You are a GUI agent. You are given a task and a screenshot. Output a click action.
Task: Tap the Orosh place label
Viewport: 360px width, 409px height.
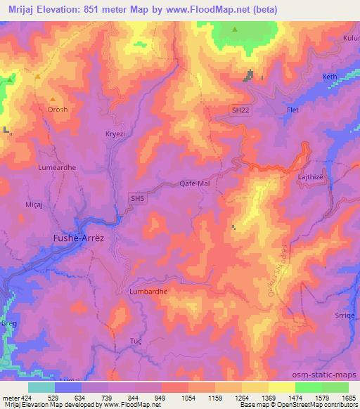click(58, 110)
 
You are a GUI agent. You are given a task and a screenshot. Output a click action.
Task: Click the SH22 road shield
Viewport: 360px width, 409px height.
click(240, 110)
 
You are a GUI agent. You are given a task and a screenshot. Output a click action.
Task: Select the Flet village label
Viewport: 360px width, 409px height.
click(294, 111)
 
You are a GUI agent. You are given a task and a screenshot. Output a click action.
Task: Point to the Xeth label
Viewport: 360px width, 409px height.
click(329, 77)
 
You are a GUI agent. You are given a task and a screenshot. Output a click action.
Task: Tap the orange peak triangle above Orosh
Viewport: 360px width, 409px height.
click(51, 99)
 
